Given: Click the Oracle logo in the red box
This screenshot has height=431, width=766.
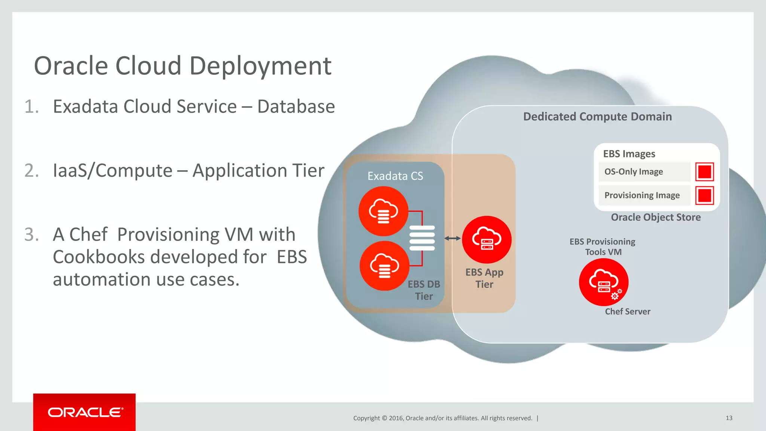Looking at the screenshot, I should click(85, 412).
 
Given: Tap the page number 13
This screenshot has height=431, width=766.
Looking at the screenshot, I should click(729, 418).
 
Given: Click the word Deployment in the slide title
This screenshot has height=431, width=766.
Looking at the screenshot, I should click(260, 66).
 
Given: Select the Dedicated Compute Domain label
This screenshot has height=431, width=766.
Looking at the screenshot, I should click(597, 117).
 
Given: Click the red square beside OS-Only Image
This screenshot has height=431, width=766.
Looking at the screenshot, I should click(705, 172).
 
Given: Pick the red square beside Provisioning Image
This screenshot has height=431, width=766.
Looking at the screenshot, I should click(705, 195).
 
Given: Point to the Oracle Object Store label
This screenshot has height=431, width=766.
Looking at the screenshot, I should click(656, 217).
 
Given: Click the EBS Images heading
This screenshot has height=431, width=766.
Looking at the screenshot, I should click(629, 154).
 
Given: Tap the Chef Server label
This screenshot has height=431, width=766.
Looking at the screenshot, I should click(628, 312).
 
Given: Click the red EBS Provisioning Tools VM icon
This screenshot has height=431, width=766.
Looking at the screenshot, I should click(603, 282).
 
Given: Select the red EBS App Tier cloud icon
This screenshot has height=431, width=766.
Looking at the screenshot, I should click(487, 239).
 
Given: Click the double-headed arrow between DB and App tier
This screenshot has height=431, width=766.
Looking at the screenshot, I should click(453, 238).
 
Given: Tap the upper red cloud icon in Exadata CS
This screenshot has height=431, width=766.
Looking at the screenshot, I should click(383, 211).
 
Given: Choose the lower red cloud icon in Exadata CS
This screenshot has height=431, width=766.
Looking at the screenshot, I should click(384, 266).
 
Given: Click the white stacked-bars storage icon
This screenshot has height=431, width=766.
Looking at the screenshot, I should click(422, 238).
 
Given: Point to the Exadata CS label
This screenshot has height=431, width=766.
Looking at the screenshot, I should click(395, 176).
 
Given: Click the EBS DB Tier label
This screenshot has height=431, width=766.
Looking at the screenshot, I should click(424, 290).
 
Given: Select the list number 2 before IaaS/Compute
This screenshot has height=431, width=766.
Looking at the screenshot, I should click(31, 171).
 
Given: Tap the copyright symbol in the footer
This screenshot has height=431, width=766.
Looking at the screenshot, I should click(384, 418).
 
